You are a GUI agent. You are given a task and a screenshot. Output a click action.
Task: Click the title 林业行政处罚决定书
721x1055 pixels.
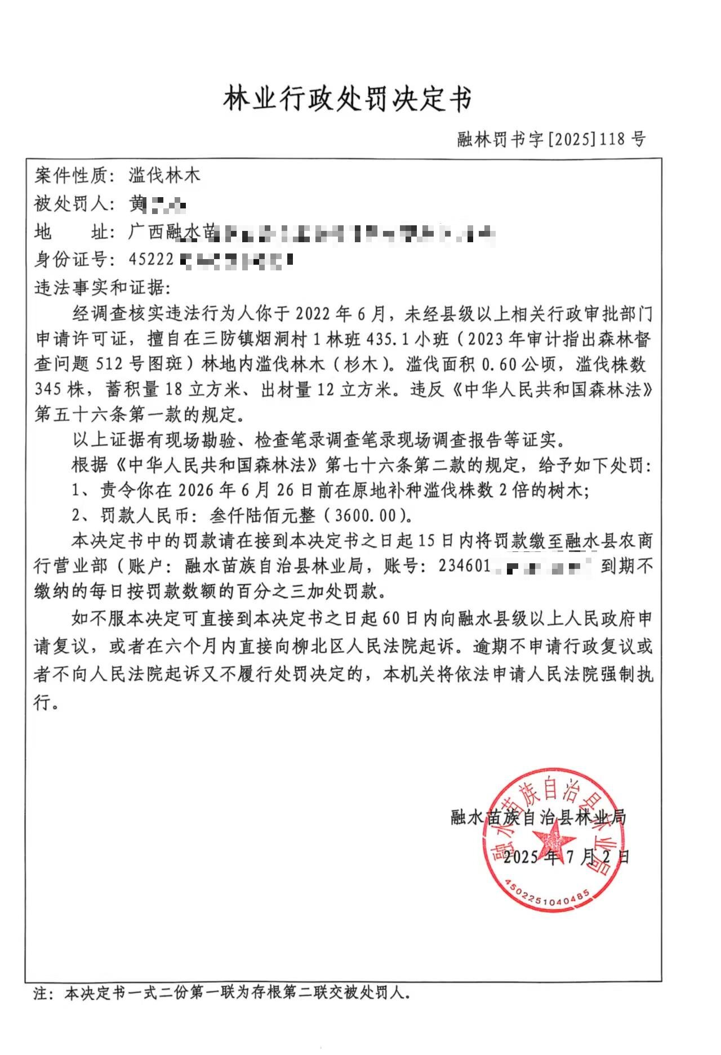click(348, 99)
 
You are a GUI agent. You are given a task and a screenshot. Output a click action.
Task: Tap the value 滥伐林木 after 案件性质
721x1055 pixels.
click(164, 176)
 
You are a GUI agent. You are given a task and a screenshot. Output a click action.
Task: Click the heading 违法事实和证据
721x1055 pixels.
click(101, 287)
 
